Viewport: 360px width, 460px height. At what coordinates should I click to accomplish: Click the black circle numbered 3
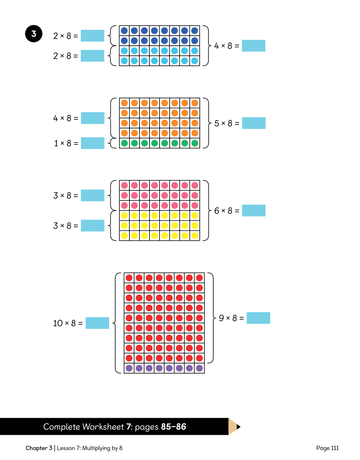pos(34,34)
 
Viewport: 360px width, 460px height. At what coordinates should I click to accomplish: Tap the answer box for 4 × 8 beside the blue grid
pos(253,46)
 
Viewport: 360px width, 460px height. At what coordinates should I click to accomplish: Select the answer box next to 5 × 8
pos(254,123)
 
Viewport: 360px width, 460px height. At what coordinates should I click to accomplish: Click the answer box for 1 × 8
pos(92,143)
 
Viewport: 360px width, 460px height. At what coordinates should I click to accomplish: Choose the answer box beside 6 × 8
pos(254,210)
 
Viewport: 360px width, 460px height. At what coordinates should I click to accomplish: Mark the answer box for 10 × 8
pos(97,323)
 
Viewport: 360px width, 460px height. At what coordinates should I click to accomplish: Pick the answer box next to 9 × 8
pos(258,318)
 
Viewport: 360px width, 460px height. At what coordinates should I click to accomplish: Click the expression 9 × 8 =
pos(232,318)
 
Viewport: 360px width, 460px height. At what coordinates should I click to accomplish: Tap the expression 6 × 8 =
pos(227,211)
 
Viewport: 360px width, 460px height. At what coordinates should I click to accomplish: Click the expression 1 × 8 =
pos(66,143)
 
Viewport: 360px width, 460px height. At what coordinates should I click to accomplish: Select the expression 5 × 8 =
pos(227,123)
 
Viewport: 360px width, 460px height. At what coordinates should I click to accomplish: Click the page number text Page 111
pos(327,448)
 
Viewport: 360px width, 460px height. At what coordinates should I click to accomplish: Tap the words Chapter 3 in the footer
pos(39,448)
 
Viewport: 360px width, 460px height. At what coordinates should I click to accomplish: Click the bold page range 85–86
pos(173,426)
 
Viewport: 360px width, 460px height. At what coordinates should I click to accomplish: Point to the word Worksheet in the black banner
pos(103,426)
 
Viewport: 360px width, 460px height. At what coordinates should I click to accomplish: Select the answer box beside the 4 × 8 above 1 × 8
pos(92,118)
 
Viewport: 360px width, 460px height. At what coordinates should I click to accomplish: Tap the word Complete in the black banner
pos(62,427)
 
